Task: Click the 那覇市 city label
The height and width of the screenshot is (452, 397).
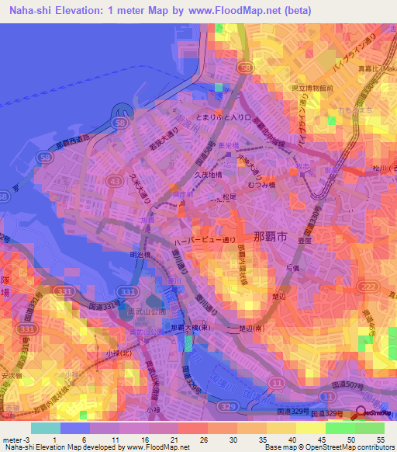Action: coord(271,235)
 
